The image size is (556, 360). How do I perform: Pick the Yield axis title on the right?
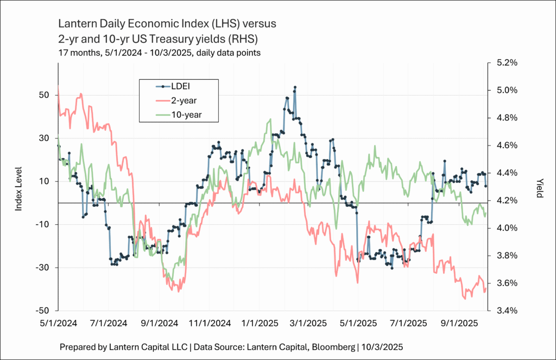(539, 187)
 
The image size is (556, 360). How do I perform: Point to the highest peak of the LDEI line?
(295, 87)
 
